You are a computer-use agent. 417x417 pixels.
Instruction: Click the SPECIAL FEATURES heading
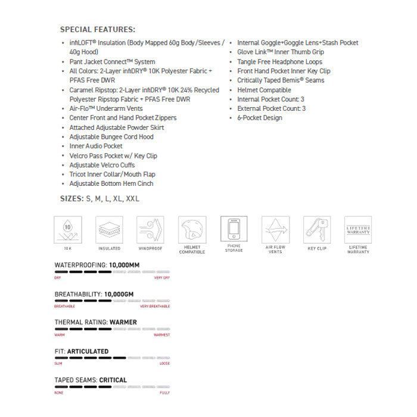[98, 29]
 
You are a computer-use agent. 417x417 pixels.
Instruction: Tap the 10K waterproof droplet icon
[67, 230]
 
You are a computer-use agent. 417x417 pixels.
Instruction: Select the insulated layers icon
[109, 230]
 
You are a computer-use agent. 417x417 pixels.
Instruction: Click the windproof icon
[150, 230]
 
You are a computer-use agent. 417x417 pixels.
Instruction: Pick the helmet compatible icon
[192, 230]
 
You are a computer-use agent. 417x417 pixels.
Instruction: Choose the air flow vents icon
[275, 230]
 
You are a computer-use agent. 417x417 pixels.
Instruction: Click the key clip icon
[317, 230]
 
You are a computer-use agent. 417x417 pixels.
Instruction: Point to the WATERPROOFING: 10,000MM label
[97, 264]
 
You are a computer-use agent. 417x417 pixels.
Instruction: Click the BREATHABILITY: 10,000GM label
[94, 294]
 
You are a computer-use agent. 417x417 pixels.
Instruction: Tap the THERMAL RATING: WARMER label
[95, 322]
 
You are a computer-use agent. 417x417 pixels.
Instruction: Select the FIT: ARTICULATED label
[82, 351]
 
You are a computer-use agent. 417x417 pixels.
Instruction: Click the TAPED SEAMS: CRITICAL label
[91, 380]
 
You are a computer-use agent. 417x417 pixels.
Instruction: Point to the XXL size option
[132, 198]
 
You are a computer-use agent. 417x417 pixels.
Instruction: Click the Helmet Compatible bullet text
[264, 90]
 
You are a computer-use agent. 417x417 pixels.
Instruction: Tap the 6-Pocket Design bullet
[260, 118]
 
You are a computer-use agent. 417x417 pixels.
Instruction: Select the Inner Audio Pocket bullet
[96, 146]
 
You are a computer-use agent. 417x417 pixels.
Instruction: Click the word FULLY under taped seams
[164, 393]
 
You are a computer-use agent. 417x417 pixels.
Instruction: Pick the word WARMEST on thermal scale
[162, 335]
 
